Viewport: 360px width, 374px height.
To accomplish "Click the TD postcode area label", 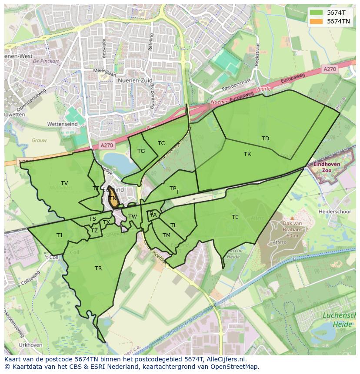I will click(265, 139).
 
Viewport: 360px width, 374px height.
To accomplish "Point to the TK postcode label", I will click(247, 154).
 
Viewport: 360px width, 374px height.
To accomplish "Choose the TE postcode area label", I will click(235, 217).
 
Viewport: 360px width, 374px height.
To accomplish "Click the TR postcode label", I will click(98, 268).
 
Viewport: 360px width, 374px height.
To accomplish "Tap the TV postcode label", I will click(64, 183).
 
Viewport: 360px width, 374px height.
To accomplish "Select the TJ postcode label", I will click(59, 235).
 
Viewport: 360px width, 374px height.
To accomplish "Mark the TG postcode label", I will click(141, 151).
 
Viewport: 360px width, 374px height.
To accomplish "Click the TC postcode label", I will click(161, 143).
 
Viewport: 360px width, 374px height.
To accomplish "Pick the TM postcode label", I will click(167, 235).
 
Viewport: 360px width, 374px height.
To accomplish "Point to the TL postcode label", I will click(173, 225).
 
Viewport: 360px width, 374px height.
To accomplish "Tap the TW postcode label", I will click(133, 217).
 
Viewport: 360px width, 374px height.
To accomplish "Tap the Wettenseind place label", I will click(62, 124).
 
